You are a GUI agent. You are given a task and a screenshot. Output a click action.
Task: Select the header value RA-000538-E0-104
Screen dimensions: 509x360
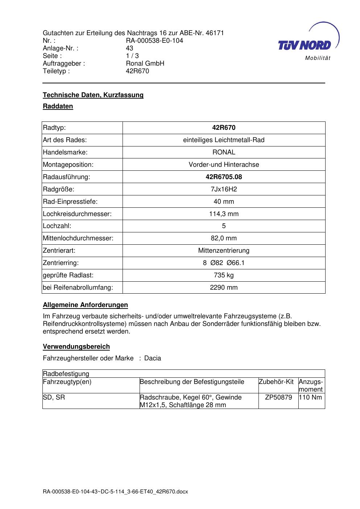154,41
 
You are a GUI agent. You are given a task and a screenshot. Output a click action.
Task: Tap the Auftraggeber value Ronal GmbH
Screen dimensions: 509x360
145,63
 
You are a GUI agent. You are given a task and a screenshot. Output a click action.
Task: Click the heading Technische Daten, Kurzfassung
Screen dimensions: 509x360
93,95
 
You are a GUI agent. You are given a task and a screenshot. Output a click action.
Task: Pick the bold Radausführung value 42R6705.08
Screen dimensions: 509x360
224,177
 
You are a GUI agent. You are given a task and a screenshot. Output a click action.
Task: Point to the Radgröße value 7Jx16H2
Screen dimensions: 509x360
224,189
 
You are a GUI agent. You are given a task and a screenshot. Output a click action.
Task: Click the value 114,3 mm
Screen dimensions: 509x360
224,214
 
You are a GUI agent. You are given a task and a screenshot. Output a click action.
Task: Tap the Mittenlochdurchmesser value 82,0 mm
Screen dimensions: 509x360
224,238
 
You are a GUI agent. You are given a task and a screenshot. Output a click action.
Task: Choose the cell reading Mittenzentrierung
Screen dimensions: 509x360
224,251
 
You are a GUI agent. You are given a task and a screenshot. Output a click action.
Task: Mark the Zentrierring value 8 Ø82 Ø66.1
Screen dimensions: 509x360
224,263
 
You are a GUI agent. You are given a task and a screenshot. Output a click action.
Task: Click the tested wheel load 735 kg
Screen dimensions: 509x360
224,275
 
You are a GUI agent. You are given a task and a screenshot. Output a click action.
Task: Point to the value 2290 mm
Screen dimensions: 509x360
224,287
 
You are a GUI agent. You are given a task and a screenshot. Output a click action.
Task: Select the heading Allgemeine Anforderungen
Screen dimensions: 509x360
85,305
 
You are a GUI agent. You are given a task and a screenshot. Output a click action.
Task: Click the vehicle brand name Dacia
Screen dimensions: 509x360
153,358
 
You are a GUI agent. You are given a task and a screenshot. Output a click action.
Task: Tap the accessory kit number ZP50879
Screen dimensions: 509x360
278,397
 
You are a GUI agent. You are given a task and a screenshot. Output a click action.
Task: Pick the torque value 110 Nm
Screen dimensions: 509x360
311,397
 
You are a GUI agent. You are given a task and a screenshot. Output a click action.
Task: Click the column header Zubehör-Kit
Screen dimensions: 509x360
276,382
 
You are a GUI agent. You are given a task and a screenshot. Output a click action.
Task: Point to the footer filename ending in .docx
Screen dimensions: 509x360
115,492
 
